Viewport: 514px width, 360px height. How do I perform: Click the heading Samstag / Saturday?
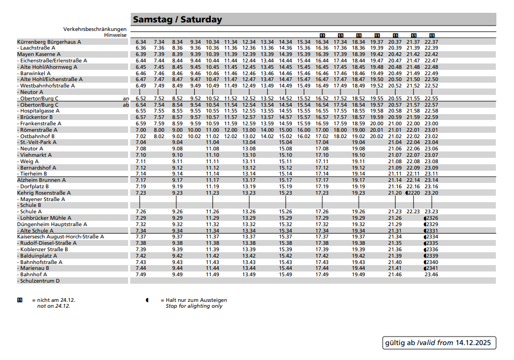click(177, 20)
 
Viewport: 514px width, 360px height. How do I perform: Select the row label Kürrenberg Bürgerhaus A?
click(49, 42)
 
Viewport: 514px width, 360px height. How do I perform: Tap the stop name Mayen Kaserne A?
click(39, 54)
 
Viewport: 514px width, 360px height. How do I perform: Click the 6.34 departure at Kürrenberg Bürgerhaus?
click(141, 42)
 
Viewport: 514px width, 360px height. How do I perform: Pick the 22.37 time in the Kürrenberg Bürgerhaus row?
click(431, 42)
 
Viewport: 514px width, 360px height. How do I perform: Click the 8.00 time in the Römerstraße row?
click(159, 130)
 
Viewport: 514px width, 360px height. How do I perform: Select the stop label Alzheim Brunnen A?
click(41, 180)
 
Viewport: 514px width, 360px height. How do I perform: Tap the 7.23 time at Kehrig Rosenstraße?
click(141, 193)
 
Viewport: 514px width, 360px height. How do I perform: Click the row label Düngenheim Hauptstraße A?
click(52, 225)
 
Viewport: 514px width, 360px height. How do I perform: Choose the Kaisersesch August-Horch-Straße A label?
click(60, 237)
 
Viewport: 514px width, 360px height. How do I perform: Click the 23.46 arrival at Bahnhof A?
click(431, 275)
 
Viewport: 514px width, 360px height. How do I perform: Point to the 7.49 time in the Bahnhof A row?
click(141, 275)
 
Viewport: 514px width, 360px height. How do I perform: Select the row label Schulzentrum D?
click(40, 281)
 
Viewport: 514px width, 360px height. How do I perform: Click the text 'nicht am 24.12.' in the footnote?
click(52, 300)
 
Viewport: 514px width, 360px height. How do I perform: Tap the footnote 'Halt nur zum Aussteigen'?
click(196, 300)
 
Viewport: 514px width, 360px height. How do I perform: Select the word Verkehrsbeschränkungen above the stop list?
click(94, 29)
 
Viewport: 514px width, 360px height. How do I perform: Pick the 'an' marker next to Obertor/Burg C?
click(126, 99)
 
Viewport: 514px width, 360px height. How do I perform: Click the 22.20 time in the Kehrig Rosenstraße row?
click(413, 193)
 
